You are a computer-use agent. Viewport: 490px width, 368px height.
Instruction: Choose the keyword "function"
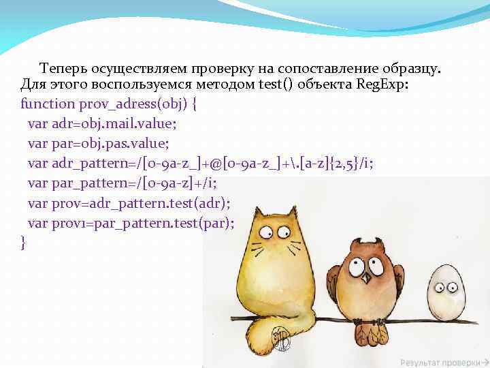[48, 104]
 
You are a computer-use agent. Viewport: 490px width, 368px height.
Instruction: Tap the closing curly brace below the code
[24, 241]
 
